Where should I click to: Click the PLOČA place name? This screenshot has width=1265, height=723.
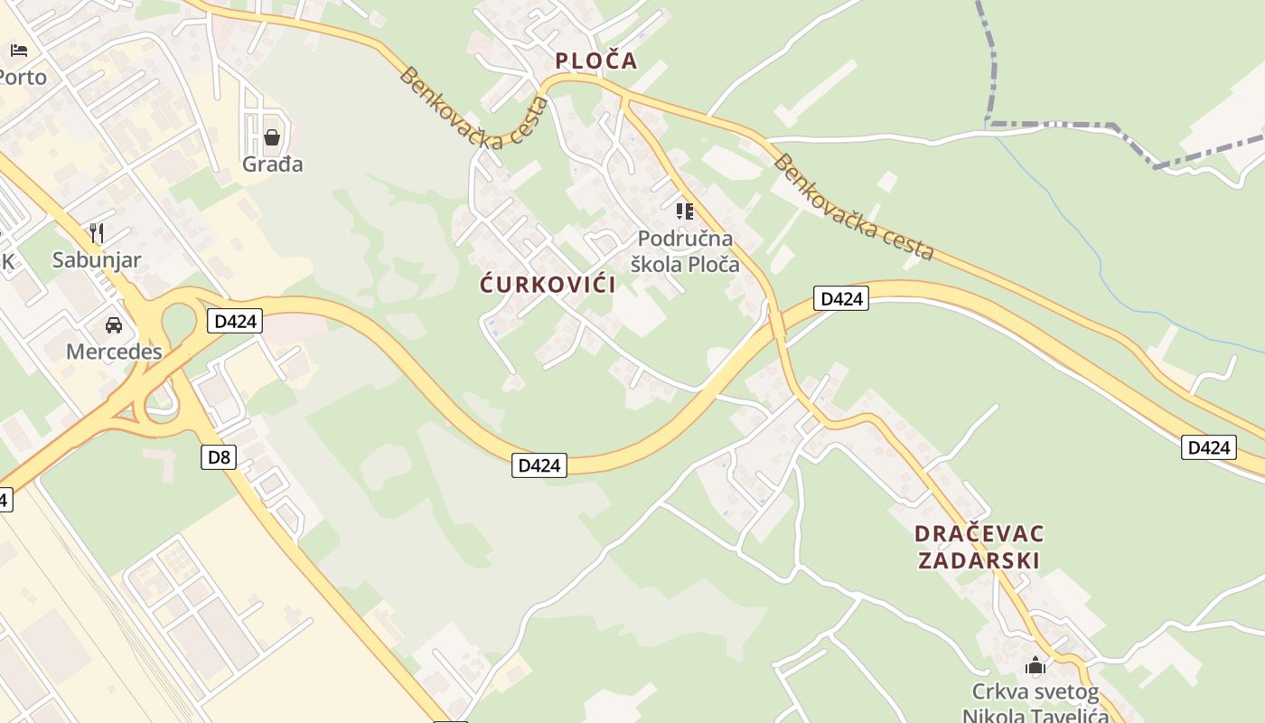pos(595,61)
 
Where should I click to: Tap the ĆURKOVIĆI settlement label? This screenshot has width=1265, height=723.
pos(548,285)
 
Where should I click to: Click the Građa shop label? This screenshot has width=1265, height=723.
pos(272,164)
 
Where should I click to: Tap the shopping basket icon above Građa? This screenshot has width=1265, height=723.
pos(271,137)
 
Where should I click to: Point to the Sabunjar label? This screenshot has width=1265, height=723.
pos(97,260)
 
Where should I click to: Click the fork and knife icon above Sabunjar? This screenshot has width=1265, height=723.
pos(97,233)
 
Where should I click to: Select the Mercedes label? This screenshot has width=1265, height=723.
pos(114,352)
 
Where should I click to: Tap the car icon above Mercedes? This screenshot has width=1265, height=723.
pos(114,324)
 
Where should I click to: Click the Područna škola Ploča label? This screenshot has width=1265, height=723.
pos(685,252)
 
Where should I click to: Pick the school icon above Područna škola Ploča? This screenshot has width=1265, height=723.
pos(685,211)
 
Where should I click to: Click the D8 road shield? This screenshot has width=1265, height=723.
pos(219,457)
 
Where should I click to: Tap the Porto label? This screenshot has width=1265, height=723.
pos(22,78)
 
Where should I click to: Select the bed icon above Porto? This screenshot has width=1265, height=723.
pos(19,50)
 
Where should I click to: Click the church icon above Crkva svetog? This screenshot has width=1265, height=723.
pos(1035,667)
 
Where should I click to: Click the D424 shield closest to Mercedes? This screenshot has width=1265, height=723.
pos(235,321)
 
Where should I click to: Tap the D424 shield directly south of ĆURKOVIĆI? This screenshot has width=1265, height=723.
pos(539,465)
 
